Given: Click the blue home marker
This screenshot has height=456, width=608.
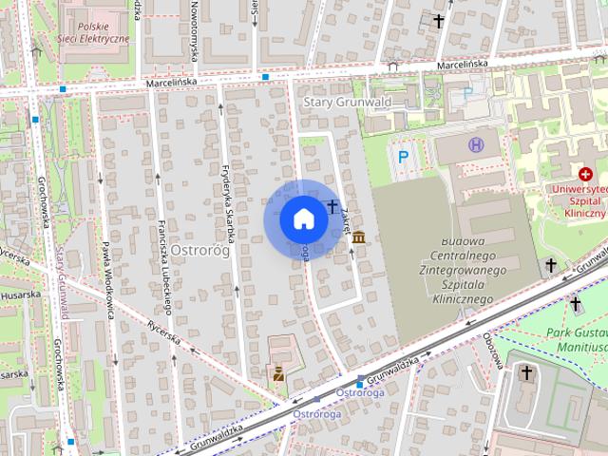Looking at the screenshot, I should coord(303,219).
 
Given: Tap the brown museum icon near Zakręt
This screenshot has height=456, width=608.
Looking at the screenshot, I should coord(358,237).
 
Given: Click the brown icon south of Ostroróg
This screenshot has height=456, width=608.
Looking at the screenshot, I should coord(278,373).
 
